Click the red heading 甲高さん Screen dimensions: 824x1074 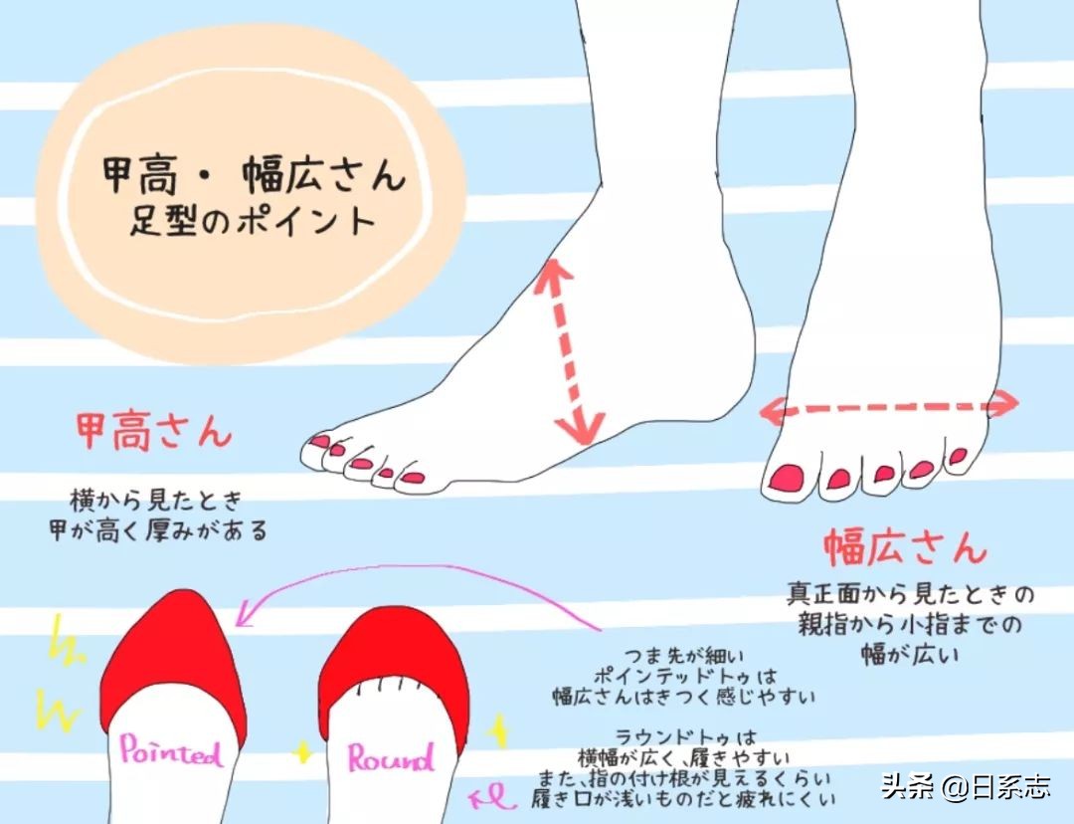pos(154,431)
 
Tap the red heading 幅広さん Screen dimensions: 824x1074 pos(905,547)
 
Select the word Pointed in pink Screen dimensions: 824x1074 pos(170,750)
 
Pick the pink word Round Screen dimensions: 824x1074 pos(391,758)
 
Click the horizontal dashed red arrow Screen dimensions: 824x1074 pos(889,405)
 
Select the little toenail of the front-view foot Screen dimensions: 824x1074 pos(959,457)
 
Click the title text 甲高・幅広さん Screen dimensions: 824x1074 pos(254,177)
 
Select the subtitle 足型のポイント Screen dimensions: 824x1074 pos(253,219)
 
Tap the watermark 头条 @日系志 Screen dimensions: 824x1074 pos(965,787)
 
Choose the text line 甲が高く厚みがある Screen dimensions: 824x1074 pos(158,529)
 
